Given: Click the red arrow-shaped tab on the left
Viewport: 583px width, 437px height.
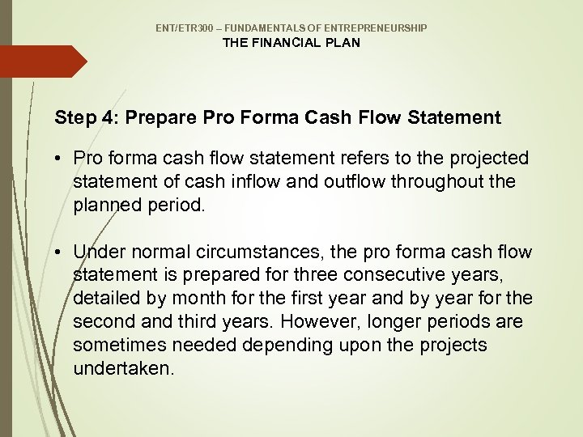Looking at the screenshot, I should coord(40,62).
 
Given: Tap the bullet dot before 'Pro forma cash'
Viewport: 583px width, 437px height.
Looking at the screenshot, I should coord(62,158).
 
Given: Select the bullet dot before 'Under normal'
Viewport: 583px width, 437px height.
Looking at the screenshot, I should coord(62,253).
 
